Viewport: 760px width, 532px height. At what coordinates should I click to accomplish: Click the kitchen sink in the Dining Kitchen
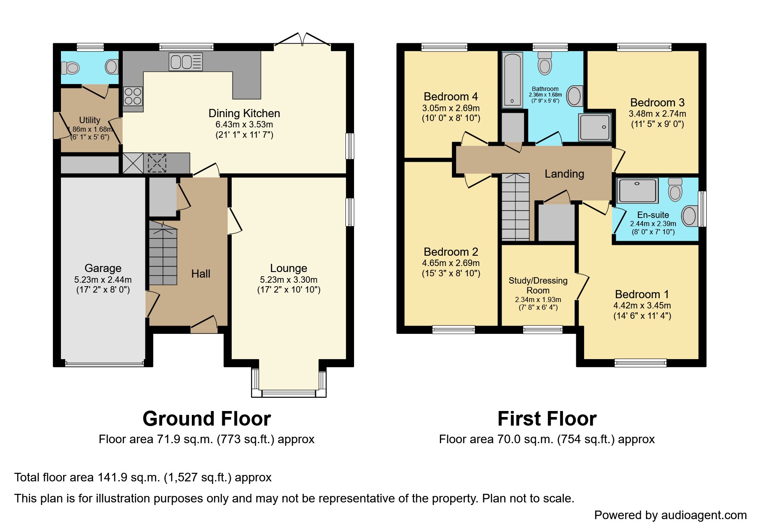(186, 62)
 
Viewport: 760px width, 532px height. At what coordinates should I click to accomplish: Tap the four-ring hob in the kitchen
(133, 96)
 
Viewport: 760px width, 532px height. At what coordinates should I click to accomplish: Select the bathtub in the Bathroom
(512, 79)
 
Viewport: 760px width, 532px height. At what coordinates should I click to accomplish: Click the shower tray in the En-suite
(637, 190)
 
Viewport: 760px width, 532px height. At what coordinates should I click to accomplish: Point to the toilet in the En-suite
(675, 190)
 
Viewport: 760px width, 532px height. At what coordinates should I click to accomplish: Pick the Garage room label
(103, 268)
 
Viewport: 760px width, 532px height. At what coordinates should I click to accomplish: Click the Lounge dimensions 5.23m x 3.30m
(289, 280)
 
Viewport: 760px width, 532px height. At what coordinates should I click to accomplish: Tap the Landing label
(564, 174)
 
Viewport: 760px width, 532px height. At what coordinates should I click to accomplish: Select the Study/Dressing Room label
(538, 285)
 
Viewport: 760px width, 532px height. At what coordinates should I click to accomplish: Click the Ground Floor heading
(207, 419)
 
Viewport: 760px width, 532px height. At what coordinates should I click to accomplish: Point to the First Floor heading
(547, 419)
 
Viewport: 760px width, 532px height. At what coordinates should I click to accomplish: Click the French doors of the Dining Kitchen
(303, 39)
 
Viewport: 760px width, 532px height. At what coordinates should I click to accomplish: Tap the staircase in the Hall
(163, 253)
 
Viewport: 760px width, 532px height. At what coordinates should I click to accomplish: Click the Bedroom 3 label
(657, 103)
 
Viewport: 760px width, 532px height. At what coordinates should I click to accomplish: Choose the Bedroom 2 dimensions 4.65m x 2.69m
(451, 263)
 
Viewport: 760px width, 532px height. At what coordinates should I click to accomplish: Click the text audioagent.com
(704, 515)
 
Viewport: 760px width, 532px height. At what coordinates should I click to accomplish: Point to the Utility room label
(90, 120)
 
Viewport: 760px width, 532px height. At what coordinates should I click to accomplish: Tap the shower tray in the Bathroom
(595, 127)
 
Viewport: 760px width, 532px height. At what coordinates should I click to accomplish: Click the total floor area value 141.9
(112, 478)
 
